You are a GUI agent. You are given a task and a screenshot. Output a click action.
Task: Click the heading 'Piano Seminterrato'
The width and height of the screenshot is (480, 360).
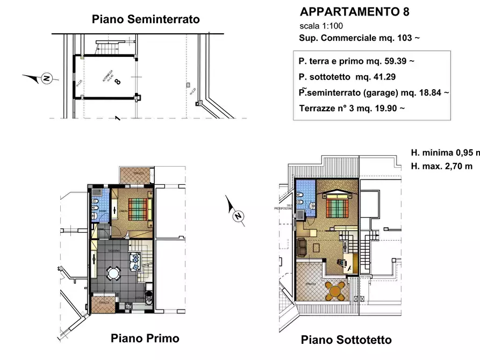pos(146,19)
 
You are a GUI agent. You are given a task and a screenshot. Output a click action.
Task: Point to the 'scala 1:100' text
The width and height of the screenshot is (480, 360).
pos(321,26)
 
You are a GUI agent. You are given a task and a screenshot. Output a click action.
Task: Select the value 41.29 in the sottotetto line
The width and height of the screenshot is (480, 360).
pos(386,77)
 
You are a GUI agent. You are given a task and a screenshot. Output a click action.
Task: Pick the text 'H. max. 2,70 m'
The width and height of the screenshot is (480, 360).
pos(441,166)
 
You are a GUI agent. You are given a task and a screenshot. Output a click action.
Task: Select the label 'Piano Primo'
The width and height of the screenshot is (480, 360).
pos(145,339)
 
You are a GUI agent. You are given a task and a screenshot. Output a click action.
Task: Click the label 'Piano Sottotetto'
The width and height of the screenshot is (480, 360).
pos(346,340)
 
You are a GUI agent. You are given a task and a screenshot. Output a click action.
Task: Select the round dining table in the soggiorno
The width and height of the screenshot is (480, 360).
pos(114,274)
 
